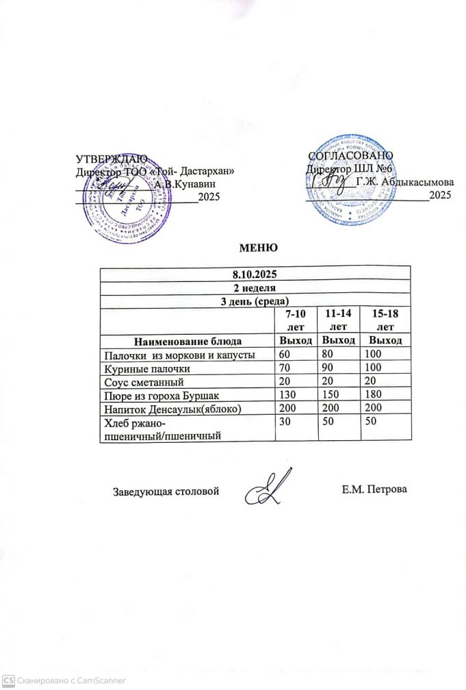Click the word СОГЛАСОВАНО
click(x=346, y=157)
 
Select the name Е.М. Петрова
click(x=373, y=489)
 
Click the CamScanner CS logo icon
click(x=8, y=681)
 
